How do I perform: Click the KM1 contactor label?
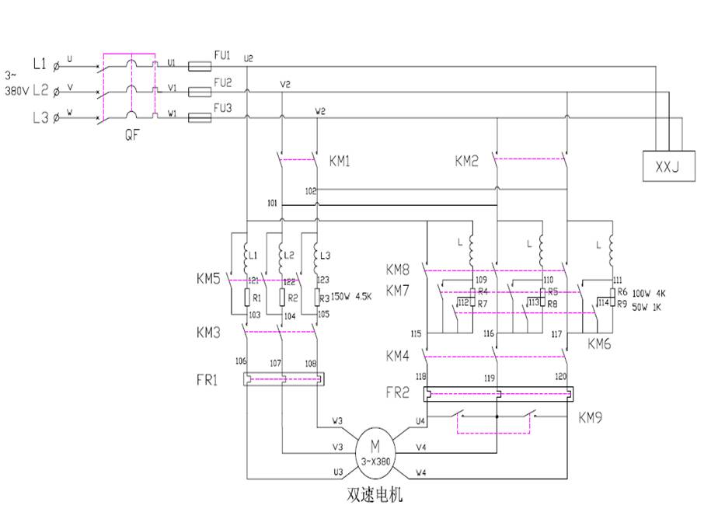pos(340,162)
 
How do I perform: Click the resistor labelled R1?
pos(246,297)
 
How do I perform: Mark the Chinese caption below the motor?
pos(375,494)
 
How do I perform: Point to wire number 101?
pos(272,202)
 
